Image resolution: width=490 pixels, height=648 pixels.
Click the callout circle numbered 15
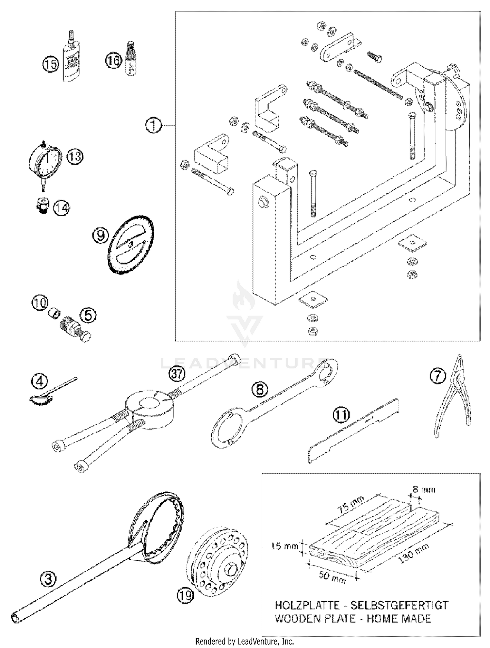click(x=50, y=64)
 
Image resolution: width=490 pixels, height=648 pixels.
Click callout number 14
click(x=61, y=208)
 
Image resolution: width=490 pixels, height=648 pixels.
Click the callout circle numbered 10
click(x=40, y=303)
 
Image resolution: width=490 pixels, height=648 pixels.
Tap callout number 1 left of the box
click(x=153, y=125)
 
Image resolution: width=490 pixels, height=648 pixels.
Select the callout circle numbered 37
click(x=177, y=373)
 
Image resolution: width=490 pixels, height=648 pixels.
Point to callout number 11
click(x=341, y=415)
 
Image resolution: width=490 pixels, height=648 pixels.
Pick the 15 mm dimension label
click(x=285, y=546)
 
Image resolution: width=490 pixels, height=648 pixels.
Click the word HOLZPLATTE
click(x=307, y=605)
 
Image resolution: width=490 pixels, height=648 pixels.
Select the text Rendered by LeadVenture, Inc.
click(x=244, y=641)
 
